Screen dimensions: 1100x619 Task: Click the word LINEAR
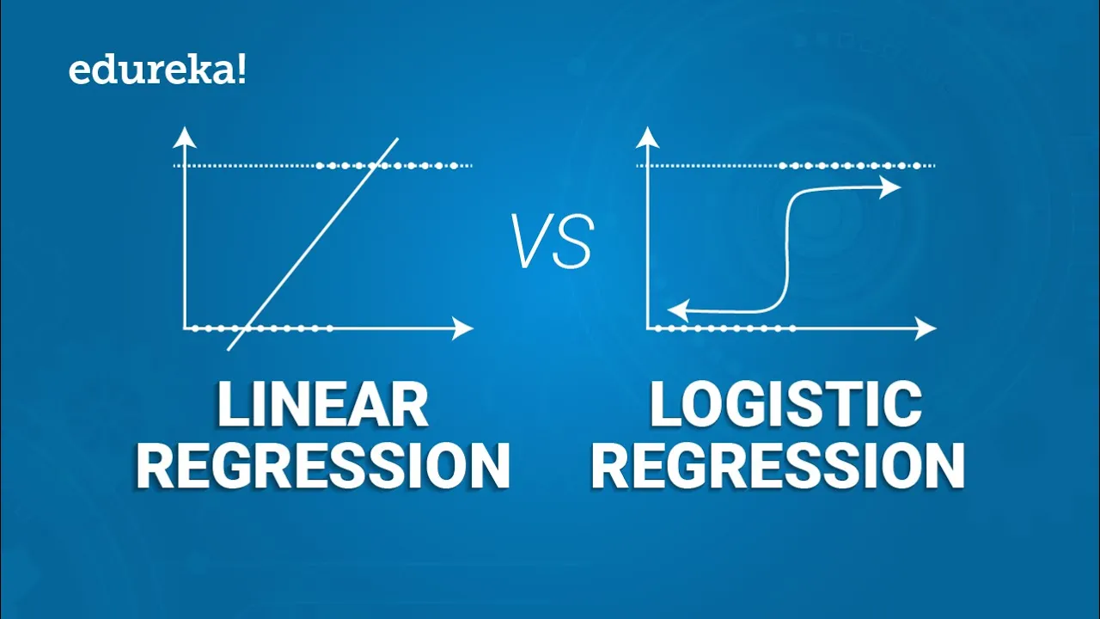(x=322, y=406)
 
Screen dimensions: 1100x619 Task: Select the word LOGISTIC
(x=785, y=406)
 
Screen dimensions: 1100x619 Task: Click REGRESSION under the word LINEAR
(x=322, y=466)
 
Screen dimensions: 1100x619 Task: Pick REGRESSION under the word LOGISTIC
(x=779, y=466)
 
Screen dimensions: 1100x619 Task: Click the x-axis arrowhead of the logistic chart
(x=927, y=328)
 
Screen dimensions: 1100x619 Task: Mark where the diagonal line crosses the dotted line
(x=375, y=165)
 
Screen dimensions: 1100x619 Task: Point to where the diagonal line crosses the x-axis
(x=247, y=328)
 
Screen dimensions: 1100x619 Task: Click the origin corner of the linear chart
(x=185, y=328)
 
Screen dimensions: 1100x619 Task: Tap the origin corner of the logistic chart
(x=649, y=328)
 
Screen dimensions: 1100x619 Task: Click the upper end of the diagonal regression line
(x=397, y=138)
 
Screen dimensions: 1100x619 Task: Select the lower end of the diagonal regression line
(x=229, y=349)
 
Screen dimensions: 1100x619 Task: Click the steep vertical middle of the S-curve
(x=785, y=249)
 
